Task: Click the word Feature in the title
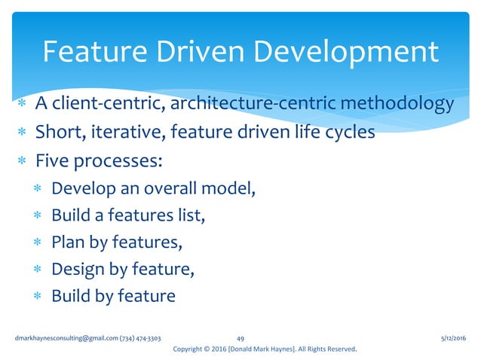pyautogui.click(x=90, y=52)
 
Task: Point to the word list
pyautogui.click(x=189, y=215)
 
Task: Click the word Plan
pyautogui.click(x=67, y=243)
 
